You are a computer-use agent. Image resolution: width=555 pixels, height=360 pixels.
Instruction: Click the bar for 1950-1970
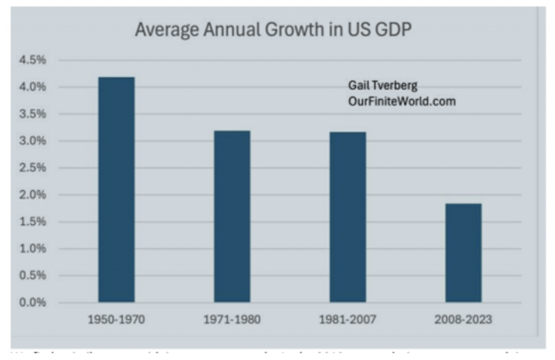116,189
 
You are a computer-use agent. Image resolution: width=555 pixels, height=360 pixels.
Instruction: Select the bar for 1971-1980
232,217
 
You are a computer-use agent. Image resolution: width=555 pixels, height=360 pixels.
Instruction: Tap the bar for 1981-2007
348,217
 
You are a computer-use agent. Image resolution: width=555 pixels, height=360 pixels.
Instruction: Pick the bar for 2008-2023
464,253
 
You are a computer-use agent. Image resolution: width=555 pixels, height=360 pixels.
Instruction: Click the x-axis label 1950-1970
116,321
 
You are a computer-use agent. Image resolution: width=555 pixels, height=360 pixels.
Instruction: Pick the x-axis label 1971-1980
232,321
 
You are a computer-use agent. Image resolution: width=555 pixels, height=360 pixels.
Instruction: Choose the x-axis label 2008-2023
464,321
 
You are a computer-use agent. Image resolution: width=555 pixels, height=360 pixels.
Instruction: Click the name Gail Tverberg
383,86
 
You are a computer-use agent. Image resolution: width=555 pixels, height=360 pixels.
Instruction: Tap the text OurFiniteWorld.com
401,101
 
